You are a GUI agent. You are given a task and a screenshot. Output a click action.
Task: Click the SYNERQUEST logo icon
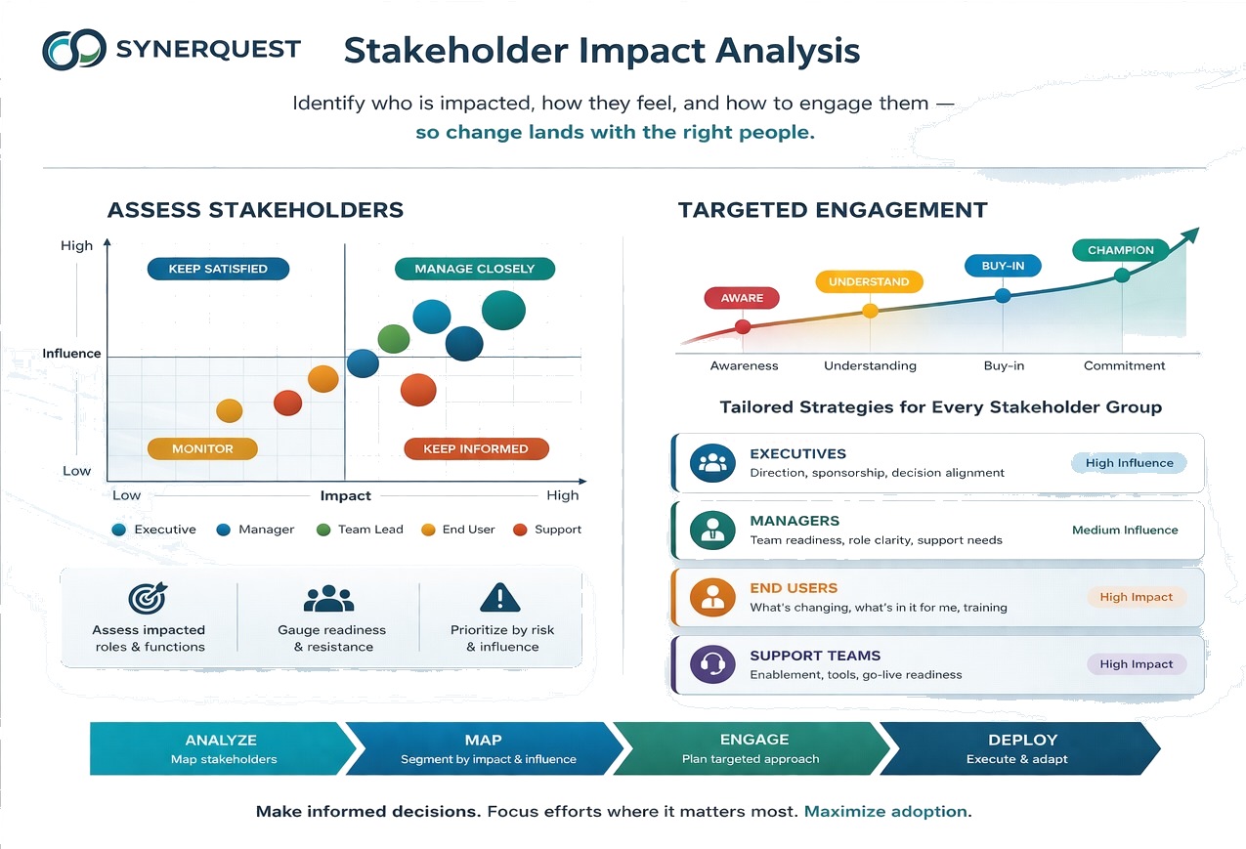coord(74,50)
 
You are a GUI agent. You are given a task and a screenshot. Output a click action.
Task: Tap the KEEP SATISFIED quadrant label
coord(218,269)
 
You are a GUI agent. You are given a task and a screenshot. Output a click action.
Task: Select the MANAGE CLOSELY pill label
coord(475,269)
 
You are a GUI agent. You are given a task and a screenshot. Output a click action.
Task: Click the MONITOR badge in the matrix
coord(202,448)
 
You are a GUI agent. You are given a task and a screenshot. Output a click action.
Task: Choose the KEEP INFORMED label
coord(476,448)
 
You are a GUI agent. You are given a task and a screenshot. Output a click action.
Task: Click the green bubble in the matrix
coord(393,339)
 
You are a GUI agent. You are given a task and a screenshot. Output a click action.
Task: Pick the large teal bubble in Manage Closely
coord(503,311)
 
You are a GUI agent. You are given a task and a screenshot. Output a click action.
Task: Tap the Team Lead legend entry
coord(360,530)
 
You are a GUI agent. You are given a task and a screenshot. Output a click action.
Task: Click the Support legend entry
coord(547,530)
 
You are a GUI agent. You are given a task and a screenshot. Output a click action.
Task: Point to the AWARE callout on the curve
coord(742,298)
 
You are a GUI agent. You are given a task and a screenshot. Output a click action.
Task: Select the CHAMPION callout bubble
coord(1120,250)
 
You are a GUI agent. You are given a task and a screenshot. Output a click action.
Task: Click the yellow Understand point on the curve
coord(870,311)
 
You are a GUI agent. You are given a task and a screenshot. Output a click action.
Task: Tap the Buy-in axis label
coord(1004,365)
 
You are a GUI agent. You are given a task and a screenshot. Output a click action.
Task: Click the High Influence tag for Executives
coord(1129,462)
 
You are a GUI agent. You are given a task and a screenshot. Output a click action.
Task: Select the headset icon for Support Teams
coord(712,663)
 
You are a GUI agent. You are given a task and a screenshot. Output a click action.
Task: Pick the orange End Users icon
coord(712,597)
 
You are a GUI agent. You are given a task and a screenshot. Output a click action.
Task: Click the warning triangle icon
coord(500,598)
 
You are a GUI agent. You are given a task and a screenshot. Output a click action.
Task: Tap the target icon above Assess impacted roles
coord(148,598)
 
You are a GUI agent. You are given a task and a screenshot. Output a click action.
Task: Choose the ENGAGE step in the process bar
coord(751,748)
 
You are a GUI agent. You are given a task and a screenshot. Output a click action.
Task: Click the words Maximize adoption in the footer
coord(885,812)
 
